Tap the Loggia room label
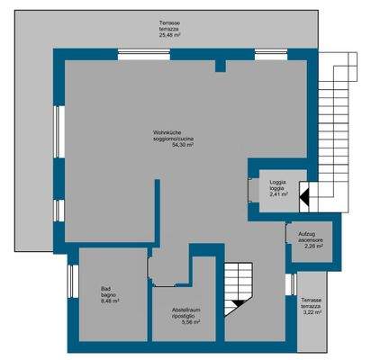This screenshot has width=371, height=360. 277,184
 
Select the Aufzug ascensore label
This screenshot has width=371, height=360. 312,238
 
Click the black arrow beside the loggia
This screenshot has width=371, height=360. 304,193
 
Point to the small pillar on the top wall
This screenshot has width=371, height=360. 220,66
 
